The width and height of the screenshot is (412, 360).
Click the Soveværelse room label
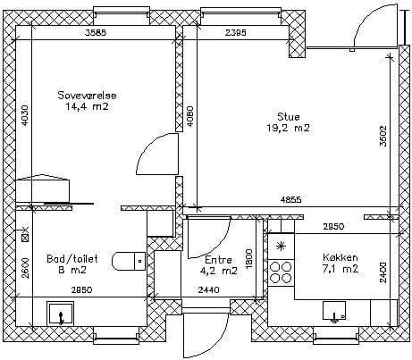pos(87,96)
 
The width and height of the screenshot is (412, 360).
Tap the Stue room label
pos(288,116)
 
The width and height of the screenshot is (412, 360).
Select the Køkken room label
pos(341,257)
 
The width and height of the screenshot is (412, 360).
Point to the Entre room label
pos(218,260)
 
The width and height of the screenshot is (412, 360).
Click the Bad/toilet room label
pos(72,259)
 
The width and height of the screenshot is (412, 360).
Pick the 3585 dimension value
pos(96,32)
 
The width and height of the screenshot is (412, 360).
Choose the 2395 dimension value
pos(235,32)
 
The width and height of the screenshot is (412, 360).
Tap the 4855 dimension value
pos(290,199)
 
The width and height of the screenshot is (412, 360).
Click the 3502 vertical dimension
pos(383,136)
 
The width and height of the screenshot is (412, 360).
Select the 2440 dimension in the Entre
pos(209,289)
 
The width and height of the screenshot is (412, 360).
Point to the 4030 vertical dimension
pos(25,115)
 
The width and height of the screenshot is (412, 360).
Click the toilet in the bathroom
pos(129,261)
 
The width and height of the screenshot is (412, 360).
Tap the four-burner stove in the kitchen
pos(281,272)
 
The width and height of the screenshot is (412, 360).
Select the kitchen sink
pos(334,311)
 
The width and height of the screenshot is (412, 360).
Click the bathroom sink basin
pos(61,314)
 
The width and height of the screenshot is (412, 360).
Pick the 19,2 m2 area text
pos(288,128)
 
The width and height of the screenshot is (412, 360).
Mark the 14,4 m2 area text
pos(87,106)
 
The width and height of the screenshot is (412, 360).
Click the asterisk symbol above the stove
pos(280,246)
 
